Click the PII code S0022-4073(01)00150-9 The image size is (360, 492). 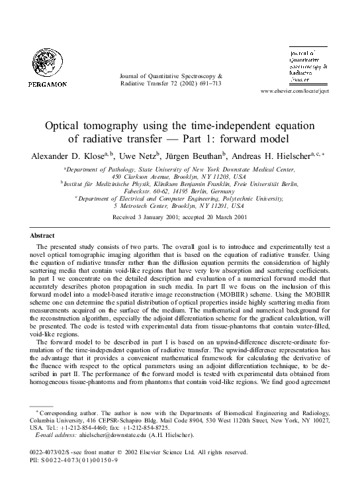pos(75,459)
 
